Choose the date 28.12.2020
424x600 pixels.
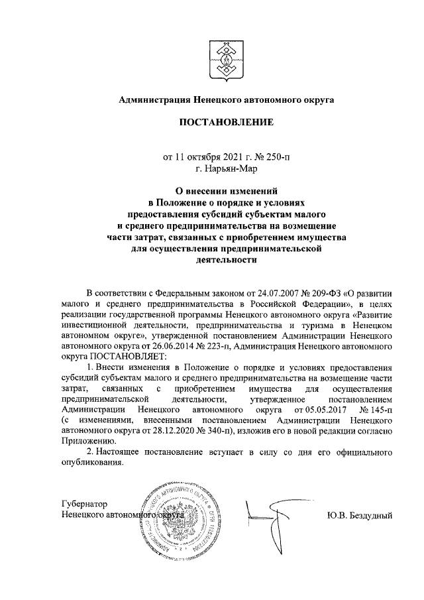coord(146,430)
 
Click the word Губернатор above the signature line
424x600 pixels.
coord(85,504)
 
